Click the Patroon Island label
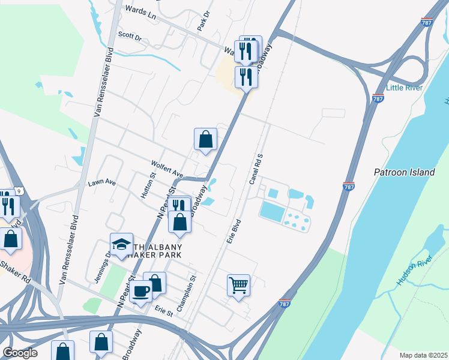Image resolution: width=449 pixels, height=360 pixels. tap(404, 172)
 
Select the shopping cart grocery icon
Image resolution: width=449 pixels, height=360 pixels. tap(238, 286)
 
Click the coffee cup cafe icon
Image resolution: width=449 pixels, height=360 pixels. tap(141, 292)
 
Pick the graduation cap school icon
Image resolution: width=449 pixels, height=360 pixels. tap(121, 244)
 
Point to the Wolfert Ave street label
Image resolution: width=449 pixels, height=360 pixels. tap(167, 168)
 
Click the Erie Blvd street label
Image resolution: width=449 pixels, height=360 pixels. tap(234, 230)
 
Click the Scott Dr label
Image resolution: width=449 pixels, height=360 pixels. tap(130, 37)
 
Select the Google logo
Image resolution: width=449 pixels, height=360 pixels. tap(20, 353)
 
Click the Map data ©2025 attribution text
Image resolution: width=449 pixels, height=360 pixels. tap(423, 355)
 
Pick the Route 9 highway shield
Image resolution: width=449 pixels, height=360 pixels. tap(20, 191)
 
